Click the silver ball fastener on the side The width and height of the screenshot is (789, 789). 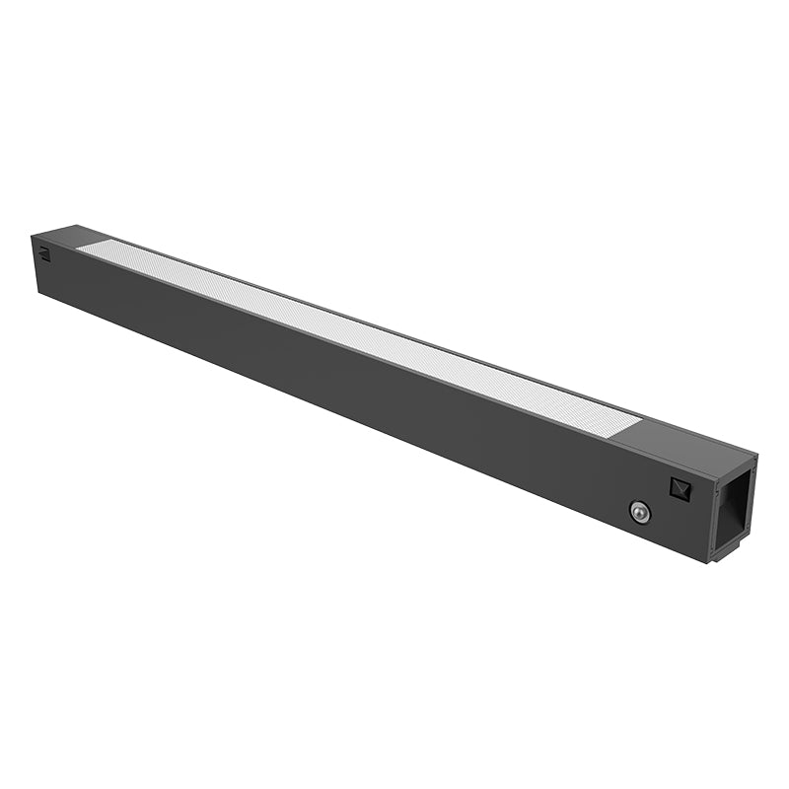639,511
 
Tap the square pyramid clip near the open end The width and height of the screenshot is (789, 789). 681,486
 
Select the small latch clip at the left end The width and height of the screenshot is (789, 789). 44,252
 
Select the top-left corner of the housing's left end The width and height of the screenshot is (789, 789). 33,237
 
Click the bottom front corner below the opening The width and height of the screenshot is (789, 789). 708,560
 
